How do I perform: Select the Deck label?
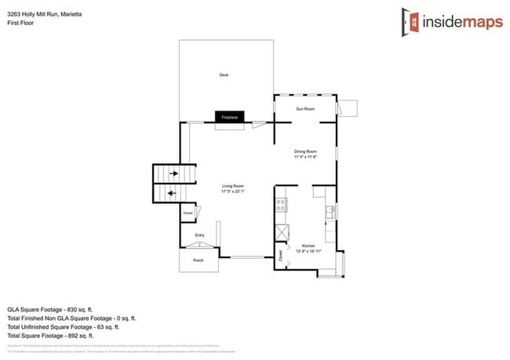(224, 75)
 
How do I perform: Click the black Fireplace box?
(231, 116)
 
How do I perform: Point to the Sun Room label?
(304, 108)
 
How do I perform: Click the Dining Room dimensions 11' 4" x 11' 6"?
(304, 156)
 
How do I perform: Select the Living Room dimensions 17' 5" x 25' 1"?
(233, 191)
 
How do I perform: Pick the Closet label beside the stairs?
(188, 213)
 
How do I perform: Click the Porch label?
(199, 260)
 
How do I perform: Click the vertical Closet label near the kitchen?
(281, 255)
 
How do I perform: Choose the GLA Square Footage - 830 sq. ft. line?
(60, 309)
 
